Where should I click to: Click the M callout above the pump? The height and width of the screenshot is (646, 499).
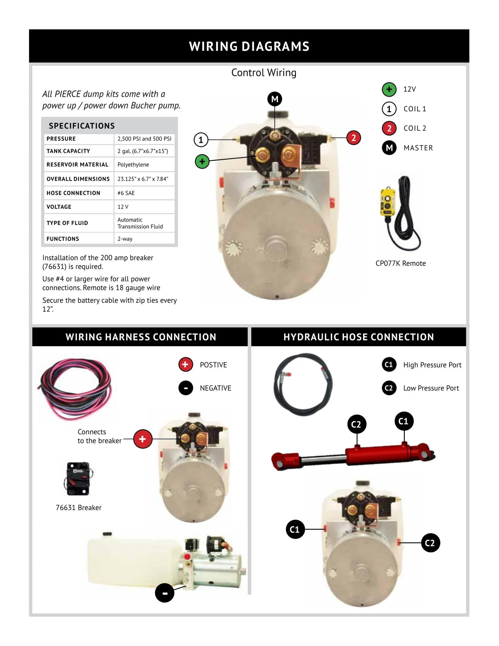coord(275,99)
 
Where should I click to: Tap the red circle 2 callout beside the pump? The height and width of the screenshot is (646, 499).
coord(353,138)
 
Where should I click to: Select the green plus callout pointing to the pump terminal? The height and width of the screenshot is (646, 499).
coord(202,162)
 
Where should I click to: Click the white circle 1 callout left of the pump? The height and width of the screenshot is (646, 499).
coord(201,140)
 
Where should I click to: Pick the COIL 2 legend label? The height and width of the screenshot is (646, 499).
coord(414,128)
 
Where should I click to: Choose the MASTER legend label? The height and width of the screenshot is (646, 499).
coord(418,148)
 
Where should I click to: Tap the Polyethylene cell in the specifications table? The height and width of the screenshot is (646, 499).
coord(133,165)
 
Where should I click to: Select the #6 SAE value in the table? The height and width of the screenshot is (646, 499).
coord(126,193)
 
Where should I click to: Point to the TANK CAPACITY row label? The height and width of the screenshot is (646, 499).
coord(68,151)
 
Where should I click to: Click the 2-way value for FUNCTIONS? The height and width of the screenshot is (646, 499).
coord(125,239)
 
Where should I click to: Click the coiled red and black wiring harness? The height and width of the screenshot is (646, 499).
coord(75,389)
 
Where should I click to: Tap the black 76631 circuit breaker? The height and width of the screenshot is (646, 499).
coord(78,478)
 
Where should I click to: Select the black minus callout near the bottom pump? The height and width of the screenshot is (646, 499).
coord(165,593)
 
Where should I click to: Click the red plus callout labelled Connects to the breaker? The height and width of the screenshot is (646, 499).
coord(143,439)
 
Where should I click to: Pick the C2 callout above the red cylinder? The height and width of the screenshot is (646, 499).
coord(356,424)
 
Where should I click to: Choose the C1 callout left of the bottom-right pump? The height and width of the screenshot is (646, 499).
coord(295,529)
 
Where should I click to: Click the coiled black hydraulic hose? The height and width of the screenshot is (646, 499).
coord(303,384)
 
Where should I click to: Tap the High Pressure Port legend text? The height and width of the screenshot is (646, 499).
coord(432,365)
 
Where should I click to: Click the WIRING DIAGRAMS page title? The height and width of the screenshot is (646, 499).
coord(249,46)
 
